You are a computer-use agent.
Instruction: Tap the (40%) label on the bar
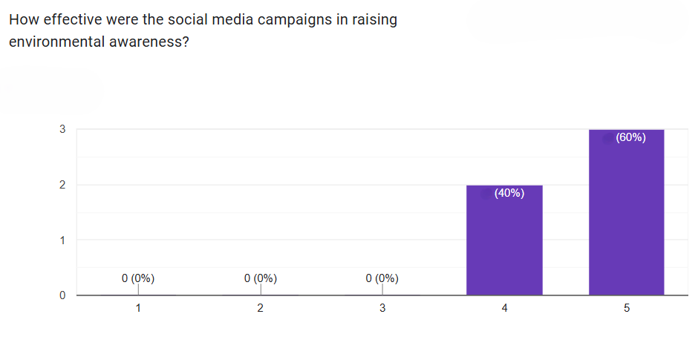pos(509,194)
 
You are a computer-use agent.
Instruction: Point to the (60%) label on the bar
pos(630,137)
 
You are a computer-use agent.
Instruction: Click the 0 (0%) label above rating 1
pos(138,279)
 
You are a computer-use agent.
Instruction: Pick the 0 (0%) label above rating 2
pos(260,279)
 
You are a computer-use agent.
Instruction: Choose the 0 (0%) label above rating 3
pos(382,279)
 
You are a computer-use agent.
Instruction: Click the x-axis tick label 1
pos(138,309)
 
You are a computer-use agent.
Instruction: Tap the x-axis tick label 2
pos(260,309)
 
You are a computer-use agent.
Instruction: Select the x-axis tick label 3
pos(382,309)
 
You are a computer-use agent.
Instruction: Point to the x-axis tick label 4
pos(504,309)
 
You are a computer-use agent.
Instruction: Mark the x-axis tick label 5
pos(626,309)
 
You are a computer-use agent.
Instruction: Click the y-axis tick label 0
pos(62,295)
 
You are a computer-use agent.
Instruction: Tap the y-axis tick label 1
pos(62,240)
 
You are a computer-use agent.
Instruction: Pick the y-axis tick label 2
pos(62,185)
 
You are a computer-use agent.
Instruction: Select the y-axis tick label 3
pos(62,129)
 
